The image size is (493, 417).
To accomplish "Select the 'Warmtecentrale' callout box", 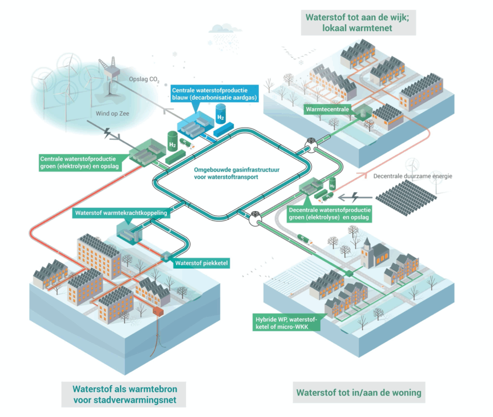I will (325, 109).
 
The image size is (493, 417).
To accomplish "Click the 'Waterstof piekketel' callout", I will (202, 263).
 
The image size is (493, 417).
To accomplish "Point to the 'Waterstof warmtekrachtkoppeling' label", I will (121, 213).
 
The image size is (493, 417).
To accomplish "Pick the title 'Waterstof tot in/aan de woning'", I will (358, 392).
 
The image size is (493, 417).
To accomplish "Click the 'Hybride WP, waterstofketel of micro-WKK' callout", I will (287, 322).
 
